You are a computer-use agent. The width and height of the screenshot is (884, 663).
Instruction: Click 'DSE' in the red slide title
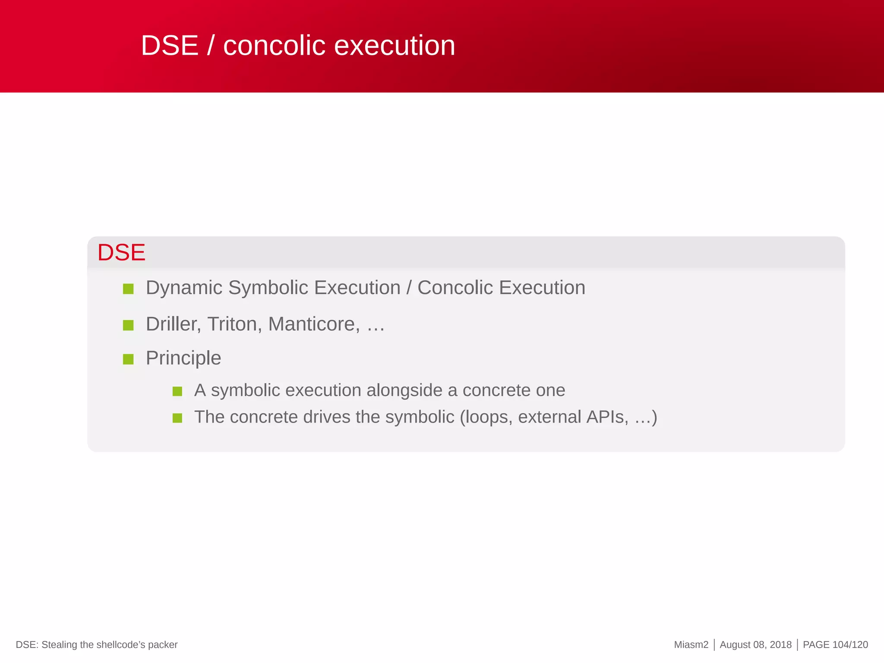(169, 45)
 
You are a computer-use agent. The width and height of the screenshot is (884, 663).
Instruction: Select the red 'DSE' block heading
(121, 253)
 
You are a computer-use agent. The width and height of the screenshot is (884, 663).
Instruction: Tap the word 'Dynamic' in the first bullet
(184, 288)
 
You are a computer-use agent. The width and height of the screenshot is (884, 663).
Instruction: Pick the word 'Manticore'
(313, 324)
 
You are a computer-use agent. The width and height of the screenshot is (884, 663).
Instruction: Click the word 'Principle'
(183, 358)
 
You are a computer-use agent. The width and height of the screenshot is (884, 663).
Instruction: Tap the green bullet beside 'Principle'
(128, 359)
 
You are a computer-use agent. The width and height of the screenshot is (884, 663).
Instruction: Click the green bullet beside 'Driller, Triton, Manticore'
(128, 325)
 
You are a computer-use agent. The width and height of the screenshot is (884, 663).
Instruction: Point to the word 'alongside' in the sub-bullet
(404, 390)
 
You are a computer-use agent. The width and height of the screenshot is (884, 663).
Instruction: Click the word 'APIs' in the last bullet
(607, 417)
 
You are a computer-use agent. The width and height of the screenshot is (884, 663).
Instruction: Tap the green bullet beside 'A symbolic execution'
(177, 391)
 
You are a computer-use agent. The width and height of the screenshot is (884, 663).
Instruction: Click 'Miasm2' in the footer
(691, 645)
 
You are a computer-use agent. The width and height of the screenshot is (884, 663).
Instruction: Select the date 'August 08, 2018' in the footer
(755, 645)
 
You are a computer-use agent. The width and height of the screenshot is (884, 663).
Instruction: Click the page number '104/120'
(850, 645)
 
